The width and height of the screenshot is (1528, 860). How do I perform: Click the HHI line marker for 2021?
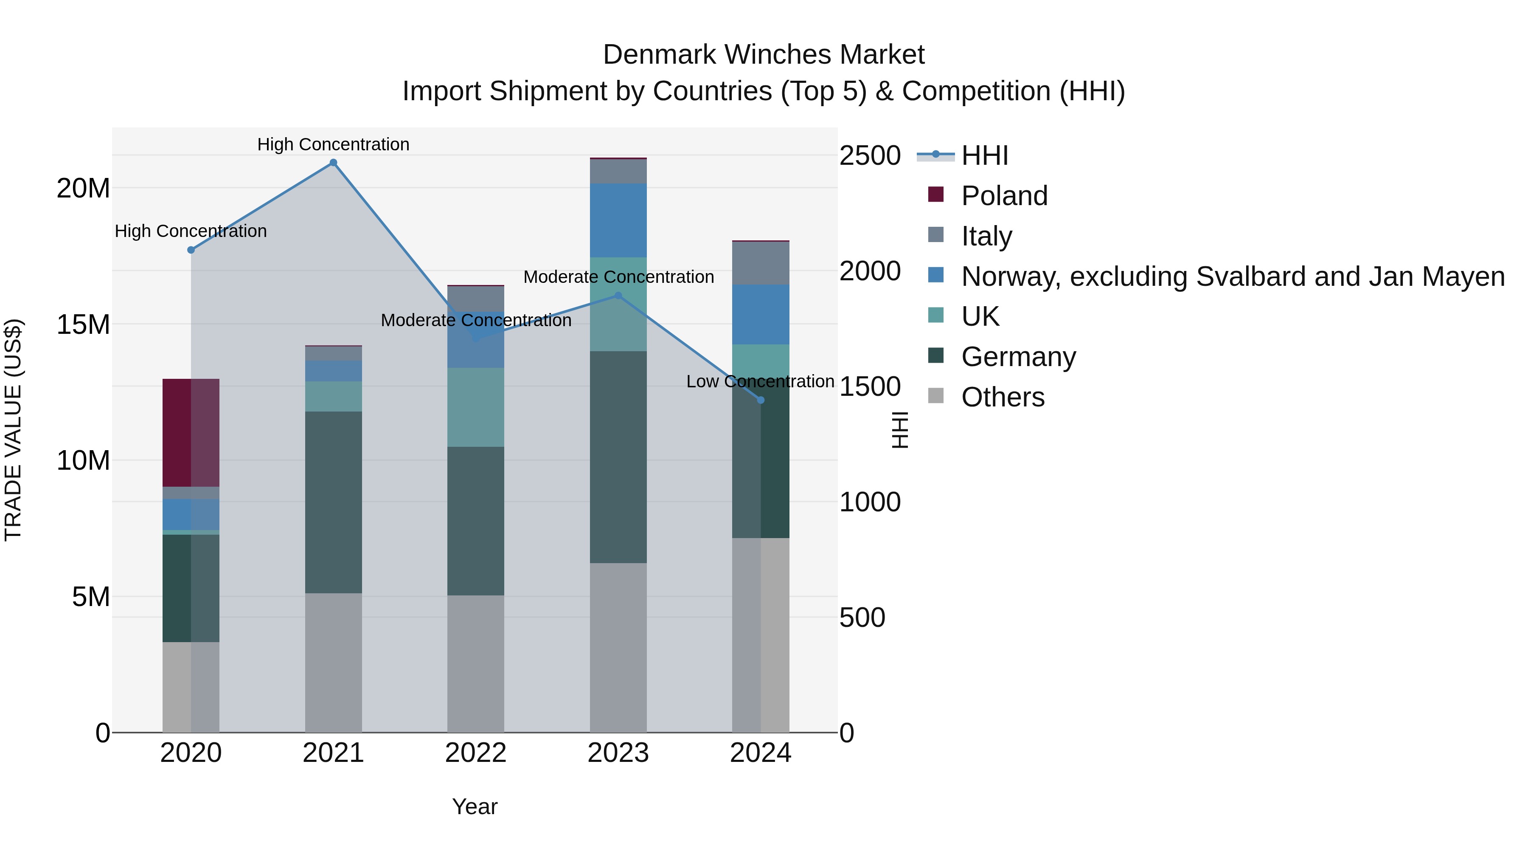click(333, 163)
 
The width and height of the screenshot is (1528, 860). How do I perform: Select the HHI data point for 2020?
click(191, 250)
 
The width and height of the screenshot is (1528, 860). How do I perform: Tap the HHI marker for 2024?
click(761, 400)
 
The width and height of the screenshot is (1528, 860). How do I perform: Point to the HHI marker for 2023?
click(618, 296)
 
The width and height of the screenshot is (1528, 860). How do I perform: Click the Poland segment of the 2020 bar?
click(191, 433)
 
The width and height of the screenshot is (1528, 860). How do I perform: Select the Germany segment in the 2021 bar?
click(333, 502)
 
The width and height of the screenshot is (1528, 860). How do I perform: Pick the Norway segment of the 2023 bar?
click(618, 220)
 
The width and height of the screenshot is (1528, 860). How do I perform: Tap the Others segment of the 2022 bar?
click(476, 663)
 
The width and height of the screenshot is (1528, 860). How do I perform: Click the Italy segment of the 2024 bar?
click(761, 263)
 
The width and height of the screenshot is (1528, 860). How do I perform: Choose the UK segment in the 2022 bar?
click(476, 407)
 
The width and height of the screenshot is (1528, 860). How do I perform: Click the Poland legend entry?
click(1004, 196)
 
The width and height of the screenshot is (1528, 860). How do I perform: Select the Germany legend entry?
click(1018, 357)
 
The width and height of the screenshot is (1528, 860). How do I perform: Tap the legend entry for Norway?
click(1233, 276)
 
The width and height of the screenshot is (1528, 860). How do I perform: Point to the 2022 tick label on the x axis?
click(476, 753)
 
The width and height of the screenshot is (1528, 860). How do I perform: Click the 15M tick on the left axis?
click(83, 324)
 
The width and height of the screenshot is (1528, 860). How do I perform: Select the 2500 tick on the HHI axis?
click(870, 155)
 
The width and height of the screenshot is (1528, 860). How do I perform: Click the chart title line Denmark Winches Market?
click(764, 55)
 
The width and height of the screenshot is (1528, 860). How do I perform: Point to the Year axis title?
click(475, 806)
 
